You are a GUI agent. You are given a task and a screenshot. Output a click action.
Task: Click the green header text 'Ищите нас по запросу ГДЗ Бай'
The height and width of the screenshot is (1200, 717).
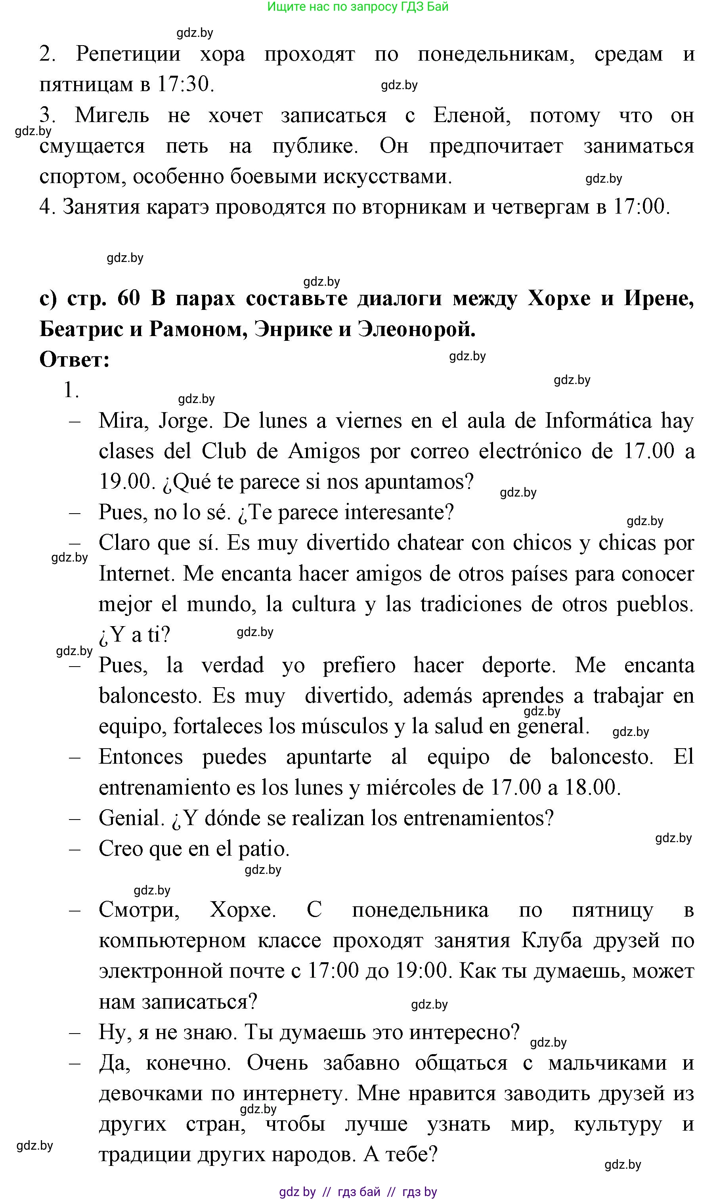[358, 7]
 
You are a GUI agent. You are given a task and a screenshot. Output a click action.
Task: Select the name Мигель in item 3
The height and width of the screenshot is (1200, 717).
[112, 115]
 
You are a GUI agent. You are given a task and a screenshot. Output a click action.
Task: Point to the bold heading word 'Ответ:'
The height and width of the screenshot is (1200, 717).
[75, 359]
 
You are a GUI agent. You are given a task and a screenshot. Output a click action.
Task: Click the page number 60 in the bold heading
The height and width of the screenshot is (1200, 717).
[128, 298]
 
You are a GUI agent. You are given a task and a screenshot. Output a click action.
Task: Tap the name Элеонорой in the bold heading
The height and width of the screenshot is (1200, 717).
[417, 329]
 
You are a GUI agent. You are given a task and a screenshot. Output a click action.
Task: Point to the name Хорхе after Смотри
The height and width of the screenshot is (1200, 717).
[243, 910]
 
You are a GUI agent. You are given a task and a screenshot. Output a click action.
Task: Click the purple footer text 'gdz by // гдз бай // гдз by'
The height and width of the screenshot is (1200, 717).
[358, 1192]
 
